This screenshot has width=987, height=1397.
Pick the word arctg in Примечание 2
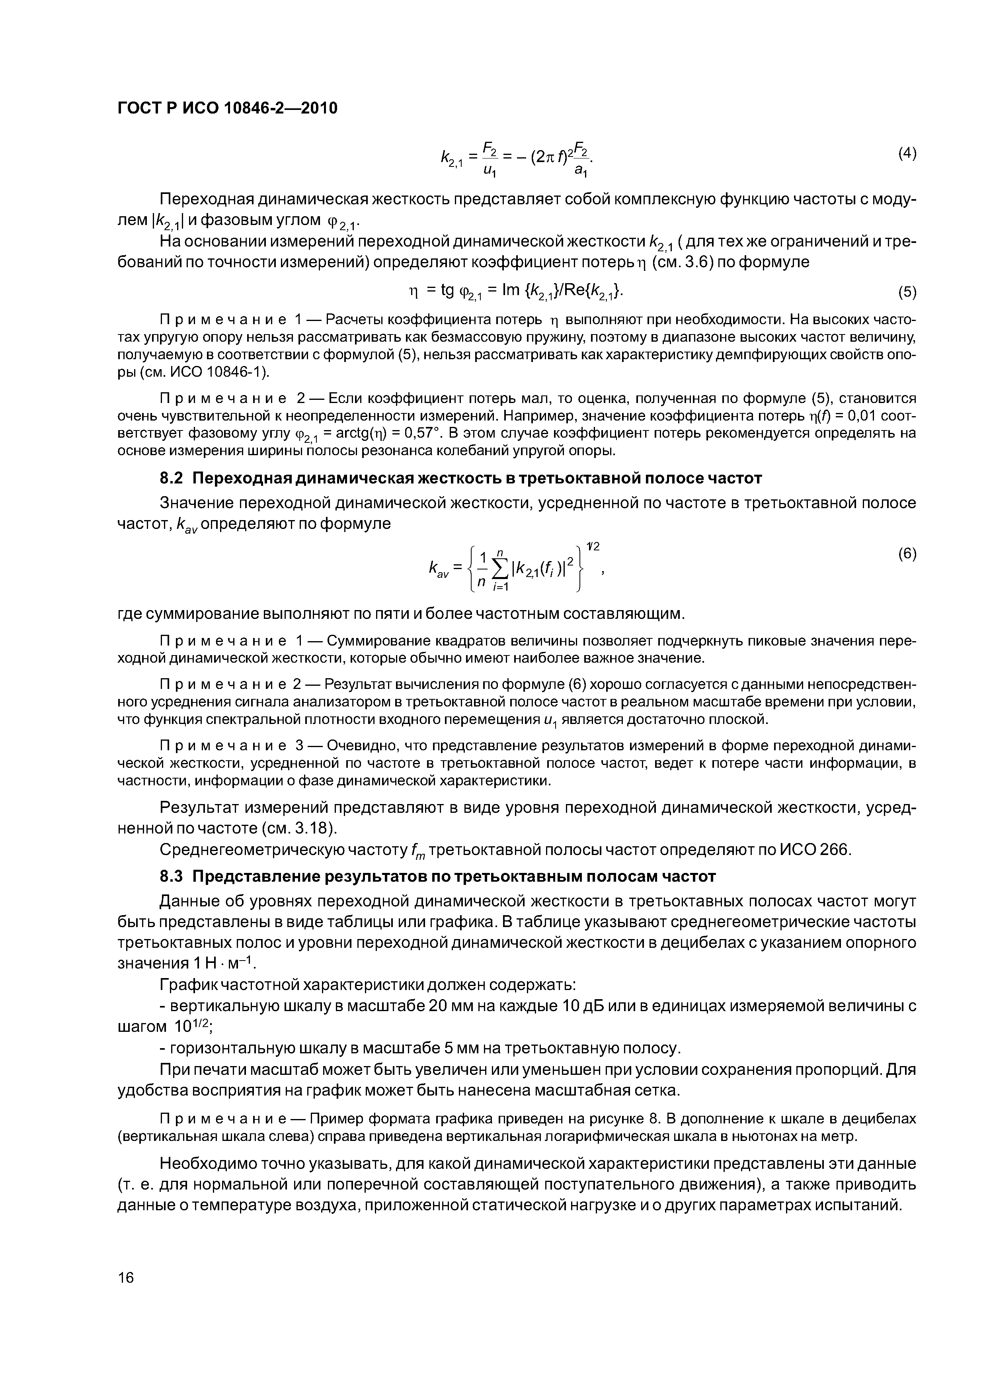(350, 433)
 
